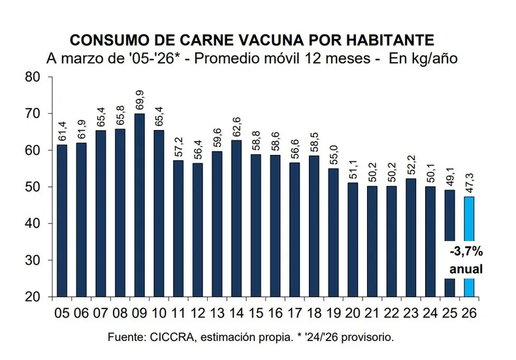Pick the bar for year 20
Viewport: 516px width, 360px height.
click(x=353, y=238)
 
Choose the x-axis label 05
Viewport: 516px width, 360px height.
click(x=63, y=313)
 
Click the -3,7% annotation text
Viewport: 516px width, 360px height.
click(x=465, y=251)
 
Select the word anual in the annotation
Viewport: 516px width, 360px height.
click(x=466, y=269)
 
